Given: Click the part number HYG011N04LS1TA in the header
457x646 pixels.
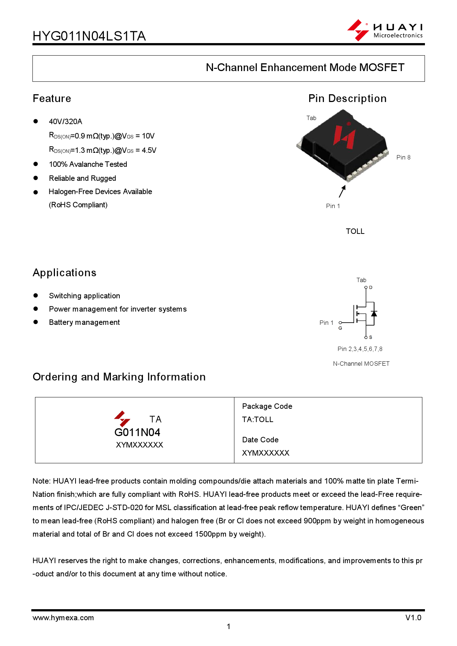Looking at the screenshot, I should click(89, 36).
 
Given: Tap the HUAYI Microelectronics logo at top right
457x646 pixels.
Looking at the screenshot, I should click(385, 30).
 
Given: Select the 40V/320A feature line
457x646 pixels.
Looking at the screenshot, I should click(66, 122).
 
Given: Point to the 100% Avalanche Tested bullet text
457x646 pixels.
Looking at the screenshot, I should click(88, 164).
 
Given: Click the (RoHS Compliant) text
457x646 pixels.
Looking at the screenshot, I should click(78, 205).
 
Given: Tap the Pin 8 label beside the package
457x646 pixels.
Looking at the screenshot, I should click(403, 158).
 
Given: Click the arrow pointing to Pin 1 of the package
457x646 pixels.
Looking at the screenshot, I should click(342, 191).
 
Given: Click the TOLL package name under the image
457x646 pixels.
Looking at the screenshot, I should click(355, 231).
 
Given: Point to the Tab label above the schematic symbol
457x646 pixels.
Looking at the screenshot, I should click(361, 280).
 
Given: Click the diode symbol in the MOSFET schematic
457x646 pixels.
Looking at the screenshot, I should click(374, 314).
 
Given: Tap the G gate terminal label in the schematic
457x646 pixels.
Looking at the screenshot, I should click(340, 328).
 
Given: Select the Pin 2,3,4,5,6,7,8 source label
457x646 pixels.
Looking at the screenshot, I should click(360, 349).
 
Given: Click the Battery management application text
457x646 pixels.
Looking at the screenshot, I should click(84, 323).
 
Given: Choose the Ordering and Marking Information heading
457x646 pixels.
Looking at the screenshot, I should click(119, 377).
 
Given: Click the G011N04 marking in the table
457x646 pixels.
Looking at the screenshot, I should click(137, 432).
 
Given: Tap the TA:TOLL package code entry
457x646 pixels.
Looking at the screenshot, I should click(258, 419).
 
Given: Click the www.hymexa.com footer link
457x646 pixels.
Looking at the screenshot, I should click(63, 618).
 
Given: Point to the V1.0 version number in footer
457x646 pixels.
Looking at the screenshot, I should click(413, 618).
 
